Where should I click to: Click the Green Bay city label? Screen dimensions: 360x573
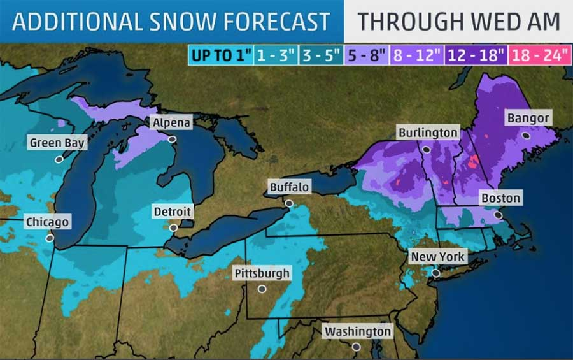pos(57,143)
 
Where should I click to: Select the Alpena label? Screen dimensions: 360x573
pos(171,122)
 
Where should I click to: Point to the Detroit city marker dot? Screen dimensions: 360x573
pos(173,227)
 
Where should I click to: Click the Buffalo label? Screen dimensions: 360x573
pos(290,187)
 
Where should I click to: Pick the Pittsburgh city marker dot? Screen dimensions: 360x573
pos(262,289)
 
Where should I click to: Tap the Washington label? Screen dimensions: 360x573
pos(357,331)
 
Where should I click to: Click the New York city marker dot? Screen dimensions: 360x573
pos(435,273)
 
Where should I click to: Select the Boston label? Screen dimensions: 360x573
pos(500,198)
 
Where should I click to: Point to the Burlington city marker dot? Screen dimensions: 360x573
pos(427,148)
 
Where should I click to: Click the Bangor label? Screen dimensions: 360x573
pos(528,119)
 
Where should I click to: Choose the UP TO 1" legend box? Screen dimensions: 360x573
pos(220,55)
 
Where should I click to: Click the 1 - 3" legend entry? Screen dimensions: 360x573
pos(275,55)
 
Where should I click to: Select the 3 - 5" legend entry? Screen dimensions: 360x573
pos(322,55)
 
